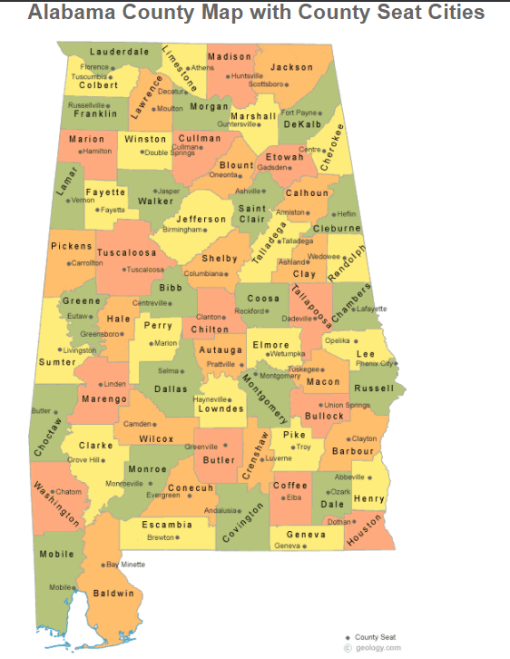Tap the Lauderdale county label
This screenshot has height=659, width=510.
click(119, 52)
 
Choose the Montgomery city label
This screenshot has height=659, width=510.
click(280, 375)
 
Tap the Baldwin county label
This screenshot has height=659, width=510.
click(113, 593)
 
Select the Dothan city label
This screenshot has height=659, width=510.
click(338, 521)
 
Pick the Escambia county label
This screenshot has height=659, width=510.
click(168, 525)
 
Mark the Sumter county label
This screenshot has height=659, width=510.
click(57, 362)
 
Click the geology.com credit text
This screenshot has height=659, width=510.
click(377, 648)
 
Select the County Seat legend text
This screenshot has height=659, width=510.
click(375, 637)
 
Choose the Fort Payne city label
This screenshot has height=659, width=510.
click(299, 113)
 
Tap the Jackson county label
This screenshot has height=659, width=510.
click(291, 67)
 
